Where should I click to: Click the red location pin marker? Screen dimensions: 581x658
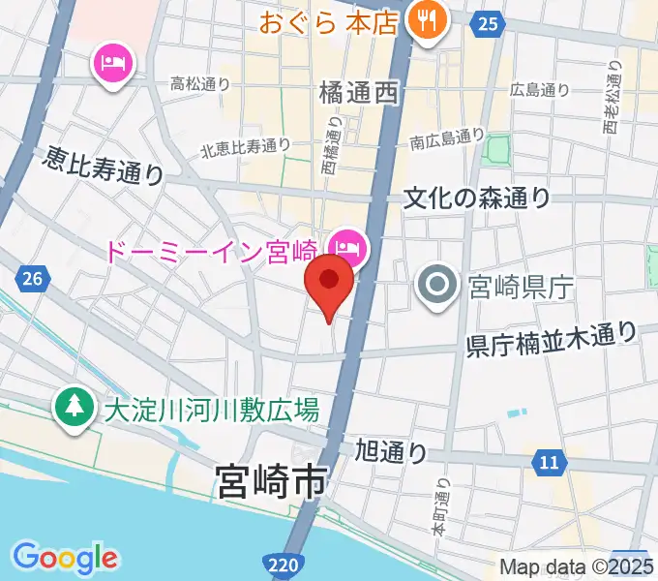(329, 282)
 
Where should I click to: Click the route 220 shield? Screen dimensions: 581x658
(278, 562)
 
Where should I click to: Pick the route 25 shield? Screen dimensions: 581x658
(490, 23)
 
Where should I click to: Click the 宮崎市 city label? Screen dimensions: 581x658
(270, 480)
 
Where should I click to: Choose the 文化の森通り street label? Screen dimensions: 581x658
(477, 198)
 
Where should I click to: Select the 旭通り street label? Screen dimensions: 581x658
(391, 450)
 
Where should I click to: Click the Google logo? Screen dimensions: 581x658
(66, 557)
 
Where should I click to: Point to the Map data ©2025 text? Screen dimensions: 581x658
(576, 566)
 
